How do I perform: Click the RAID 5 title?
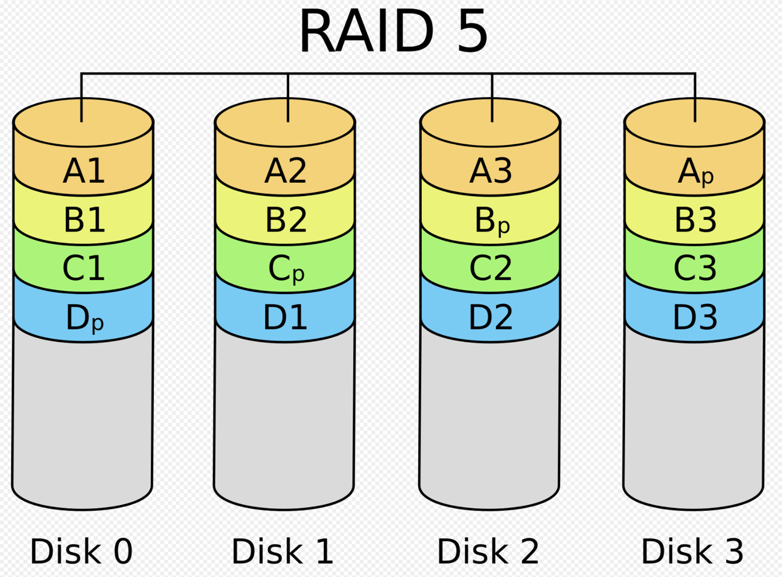point(393,31)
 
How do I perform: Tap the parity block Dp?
point(84,318)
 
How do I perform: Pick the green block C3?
point(695,268)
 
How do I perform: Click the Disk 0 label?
point(81,552)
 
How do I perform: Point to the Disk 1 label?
point(282,552)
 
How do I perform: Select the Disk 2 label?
point(488,552)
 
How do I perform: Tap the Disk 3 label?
point(692,552)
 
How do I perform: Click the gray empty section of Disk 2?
point(489,421)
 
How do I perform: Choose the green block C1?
point(84,268)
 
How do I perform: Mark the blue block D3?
point(695,317)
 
